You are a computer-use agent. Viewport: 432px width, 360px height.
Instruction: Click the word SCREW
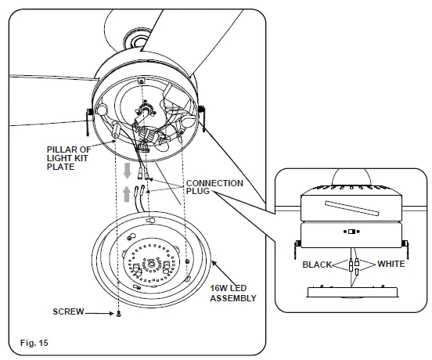69,311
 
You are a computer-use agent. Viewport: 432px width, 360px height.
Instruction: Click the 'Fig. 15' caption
33,343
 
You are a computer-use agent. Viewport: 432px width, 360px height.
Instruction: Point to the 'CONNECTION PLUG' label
214,189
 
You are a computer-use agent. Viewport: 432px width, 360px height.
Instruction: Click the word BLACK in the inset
318,265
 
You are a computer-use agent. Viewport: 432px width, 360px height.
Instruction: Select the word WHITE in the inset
391,265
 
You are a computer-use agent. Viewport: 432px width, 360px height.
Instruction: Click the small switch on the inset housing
351,231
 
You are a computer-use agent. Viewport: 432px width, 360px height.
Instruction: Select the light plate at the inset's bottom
351,290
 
